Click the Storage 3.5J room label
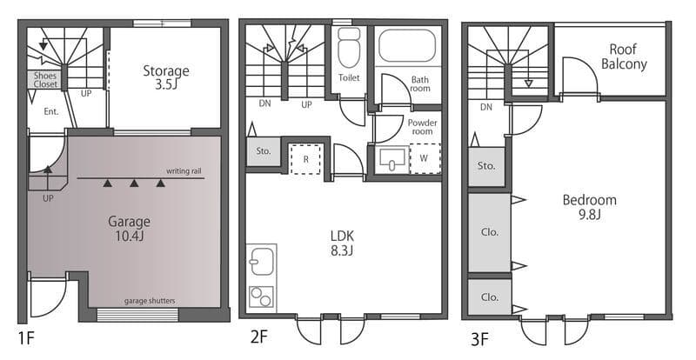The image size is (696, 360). click(x=166, y=77)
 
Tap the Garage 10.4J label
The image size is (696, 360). click(x=129, y=228)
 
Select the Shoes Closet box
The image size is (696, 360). click(x=45, y=80)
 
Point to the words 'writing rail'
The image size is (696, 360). click(x=184, y=171)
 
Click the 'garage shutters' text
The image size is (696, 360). click(x=150, y=301)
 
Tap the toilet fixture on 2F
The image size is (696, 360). click(x=349, y=47)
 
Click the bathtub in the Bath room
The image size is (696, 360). click(x=407, y=45)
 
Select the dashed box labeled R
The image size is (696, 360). click(x=305, y=159)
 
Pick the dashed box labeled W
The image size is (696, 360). click(x=425, y=158)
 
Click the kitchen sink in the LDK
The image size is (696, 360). click(x=262, y=262)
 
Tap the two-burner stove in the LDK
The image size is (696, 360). click(x=261, y=297)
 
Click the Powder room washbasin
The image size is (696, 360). click(x=392, y=159)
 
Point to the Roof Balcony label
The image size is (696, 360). click(x=624, y=57)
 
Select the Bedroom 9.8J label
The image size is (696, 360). click(x=590, y=207)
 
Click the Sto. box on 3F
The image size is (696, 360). click(x=486, y=166)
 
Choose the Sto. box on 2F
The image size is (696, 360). click(x=264, y=151)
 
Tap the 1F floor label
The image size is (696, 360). click(x=26, y=338)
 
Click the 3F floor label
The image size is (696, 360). click(x=480, y=339)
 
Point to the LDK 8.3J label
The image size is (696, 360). click(x=342, y=243)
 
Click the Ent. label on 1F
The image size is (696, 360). click(x=51, y=111)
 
